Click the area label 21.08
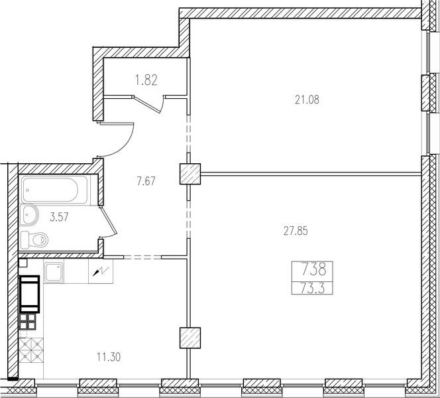307,99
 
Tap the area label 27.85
296,231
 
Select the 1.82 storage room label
146,80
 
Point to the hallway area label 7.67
146,181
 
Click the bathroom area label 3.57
59,217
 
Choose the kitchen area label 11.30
109,357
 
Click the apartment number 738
313,269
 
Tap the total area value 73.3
312,288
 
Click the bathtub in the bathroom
55,190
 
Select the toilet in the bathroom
34,240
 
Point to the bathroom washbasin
29,215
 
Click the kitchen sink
54,271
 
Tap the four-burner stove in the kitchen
28,322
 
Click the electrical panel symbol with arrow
101,271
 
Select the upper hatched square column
190,174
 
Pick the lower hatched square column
190,338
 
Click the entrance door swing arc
127,143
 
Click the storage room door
148,105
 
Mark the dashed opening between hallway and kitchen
142,257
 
